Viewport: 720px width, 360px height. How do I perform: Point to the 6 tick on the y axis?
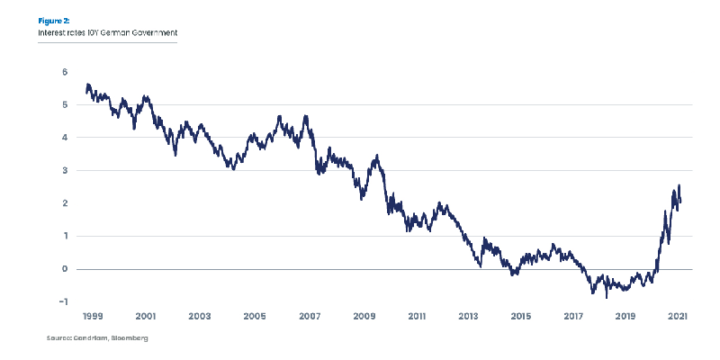point(65,72)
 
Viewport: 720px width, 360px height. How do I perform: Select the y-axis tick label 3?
point(65,170)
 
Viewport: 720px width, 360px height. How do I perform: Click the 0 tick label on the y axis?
point(65,269)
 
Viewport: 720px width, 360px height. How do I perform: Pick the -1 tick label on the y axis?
point(63,301)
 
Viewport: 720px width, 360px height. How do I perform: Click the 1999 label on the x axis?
point(93,317)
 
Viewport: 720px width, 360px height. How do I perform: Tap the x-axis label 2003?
point(199,317)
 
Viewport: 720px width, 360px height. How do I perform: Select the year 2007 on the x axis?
point(310,317)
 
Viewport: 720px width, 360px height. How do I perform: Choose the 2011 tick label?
point(416,317)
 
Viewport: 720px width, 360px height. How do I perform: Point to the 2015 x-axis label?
point(520,317)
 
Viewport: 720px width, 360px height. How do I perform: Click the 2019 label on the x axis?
point(626,317)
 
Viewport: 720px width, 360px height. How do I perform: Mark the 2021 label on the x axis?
point(679,317)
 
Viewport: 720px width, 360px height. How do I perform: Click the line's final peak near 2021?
point(679,185)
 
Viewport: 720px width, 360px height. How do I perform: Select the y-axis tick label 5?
point(65,104)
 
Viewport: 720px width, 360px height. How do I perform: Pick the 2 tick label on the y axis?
point(65,203)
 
